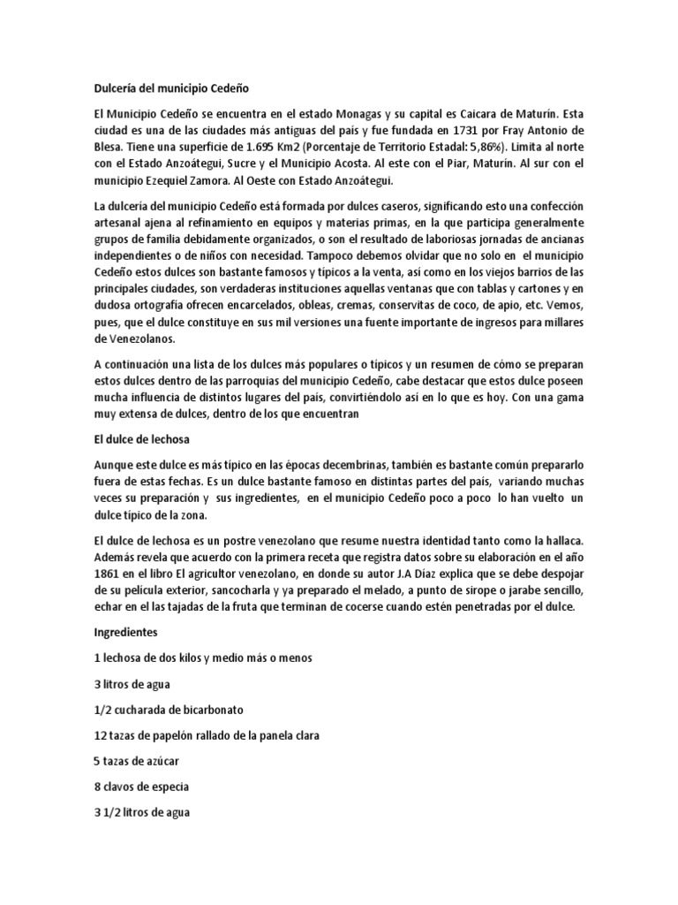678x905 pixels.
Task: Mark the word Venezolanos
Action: pyautogui.click(x=136, y=338)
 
